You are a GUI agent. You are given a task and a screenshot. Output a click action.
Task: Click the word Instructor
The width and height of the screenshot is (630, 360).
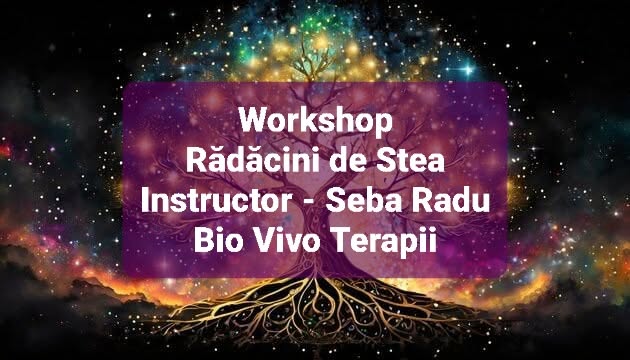pyautogui.click(x=217, y=200)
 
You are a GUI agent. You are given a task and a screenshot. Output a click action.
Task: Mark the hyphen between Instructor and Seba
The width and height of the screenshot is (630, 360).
pyautogui.click(x=309, y=202)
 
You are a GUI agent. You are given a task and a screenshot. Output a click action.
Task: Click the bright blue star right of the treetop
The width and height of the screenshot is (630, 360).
pyautogui.click(x=468, y=70)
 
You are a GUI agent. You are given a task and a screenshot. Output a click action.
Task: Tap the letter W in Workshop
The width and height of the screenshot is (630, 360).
pyautogui.click(x=255, y=121)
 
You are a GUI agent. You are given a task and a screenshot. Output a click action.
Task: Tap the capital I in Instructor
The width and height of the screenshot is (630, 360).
pyautogui.click(x=145, y=200)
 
